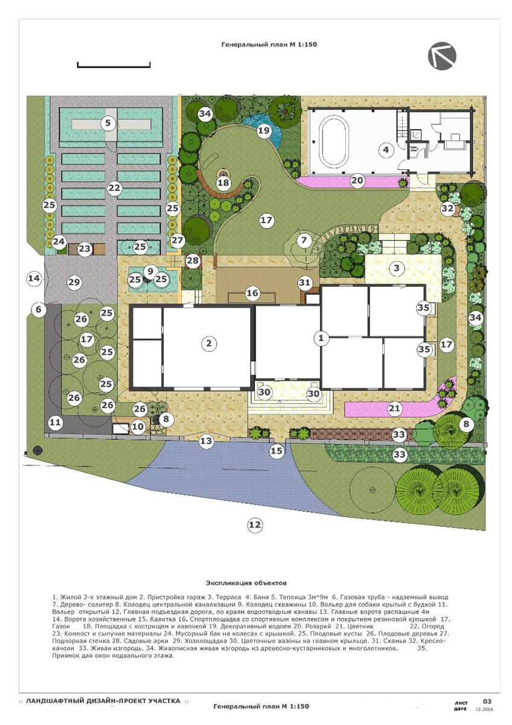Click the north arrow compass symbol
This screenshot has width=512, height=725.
tap(442, 56)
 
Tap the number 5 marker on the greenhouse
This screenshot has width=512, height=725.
tap(107, 123)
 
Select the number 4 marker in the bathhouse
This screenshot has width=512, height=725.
tap(386, 150)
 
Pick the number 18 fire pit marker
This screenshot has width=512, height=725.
tap(223, 183)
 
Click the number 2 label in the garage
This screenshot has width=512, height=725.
tap(209, 343)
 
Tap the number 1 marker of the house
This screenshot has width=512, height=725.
tap(321, 338)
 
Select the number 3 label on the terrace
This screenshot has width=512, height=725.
tap(397, 268)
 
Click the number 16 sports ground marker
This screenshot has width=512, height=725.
tap(252, 293)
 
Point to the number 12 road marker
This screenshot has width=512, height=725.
tap(255, 524)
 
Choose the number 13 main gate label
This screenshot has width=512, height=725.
tap(206, 440)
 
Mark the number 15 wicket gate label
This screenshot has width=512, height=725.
tap(276, 451)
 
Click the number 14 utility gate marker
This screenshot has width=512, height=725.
tap(34, 278)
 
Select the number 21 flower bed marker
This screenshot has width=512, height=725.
tap(394, 408)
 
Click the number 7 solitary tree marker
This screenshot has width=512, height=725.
tap(304, 240)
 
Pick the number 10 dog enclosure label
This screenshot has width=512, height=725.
tap(138, 427)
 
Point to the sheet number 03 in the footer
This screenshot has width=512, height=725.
tap(487, 701)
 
